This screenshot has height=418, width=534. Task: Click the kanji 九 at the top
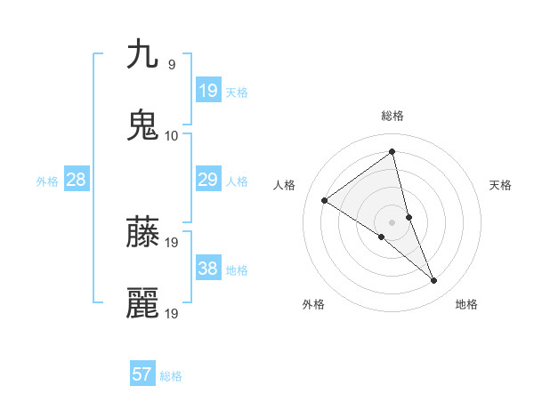[x=143, y=54]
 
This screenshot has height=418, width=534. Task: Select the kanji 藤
[x=143, y=232]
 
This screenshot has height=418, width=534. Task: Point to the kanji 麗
[x=143, y=303]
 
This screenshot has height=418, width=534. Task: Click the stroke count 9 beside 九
[x=171, y=64]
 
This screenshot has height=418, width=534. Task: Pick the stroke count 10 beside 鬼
[x=172, y=135]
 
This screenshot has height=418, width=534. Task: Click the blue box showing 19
[x=208, y=90]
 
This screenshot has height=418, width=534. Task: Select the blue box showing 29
[x=208, y=179]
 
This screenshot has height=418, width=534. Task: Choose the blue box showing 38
[x=208, y=268]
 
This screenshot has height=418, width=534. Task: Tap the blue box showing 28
[x=77, y=179]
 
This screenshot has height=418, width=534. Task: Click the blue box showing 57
[x=142, y=374]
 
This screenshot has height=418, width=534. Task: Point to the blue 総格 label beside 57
[x=171, y=376]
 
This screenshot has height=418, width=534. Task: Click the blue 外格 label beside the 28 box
[x=47, y=181]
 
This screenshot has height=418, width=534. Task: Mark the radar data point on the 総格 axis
[x=392, y=152]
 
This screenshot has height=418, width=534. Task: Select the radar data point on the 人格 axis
[x=325, y=200]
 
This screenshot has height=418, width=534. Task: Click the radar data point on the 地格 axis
[x=434, y=281]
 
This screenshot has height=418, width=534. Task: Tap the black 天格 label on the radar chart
[x=501, y=185]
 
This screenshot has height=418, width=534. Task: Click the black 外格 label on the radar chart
[x=313, y=304]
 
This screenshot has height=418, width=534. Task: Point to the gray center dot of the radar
[x=392, y=221]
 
